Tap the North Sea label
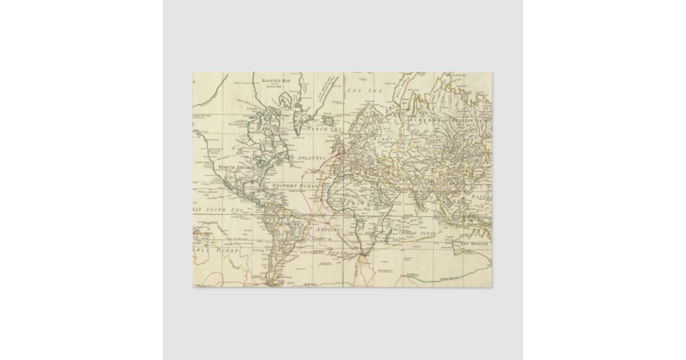(x=324, y=130)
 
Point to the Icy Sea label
(x=365, y=90)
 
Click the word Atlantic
(x=311, y=157)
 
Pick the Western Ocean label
(x=294, y=186)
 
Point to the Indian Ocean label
(x=418, y=234)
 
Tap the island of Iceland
(x=329, y=121)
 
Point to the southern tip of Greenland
(x=298, y=134)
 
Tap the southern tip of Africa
(x=361, y=255)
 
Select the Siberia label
(x=424, y=121)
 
